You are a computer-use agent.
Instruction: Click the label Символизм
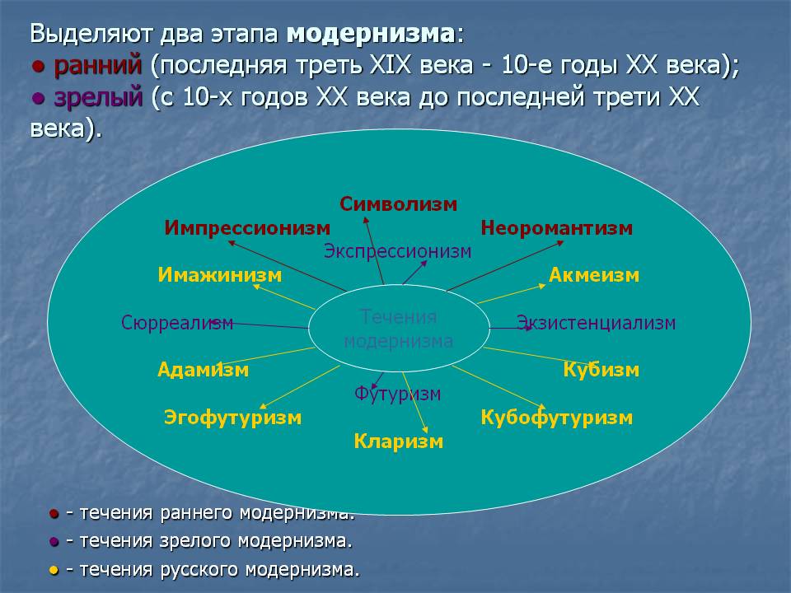pos(398,204)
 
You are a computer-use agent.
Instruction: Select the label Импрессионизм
pos(247,228)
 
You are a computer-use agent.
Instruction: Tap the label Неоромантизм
pos(556,228)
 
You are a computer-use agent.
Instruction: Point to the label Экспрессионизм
pos(397,251)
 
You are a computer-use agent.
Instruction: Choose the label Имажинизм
pos(219,275)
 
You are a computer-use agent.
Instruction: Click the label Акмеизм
pos(594,275)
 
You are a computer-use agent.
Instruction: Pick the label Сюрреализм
pos(177,323)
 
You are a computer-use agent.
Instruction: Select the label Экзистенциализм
pos(596,323)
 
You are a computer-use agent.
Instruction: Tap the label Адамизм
pos(204,370)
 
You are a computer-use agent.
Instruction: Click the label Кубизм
pos(601,370)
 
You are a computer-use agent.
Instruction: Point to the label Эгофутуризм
pos(232,418)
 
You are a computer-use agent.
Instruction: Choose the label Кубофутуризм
pos(556,418)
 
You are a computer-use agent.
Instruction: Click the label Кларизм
pos(399,441)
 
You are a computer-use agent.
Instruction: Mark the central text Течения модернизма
pos(399,329)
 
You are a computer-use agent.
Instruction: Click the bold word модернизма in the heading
pos(371,34)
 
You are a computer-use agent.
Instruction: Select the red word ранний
pos(97,66)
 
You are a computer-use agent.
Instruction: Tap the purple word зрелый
pos(98,97)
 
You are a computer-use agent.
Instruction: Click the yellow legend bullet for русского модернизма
pos(54,571)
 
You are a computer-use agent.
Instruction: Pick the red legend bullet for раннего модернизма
pos(54,514)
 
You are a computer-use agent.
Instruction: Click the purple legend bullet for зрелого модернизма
pos(54,542)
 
